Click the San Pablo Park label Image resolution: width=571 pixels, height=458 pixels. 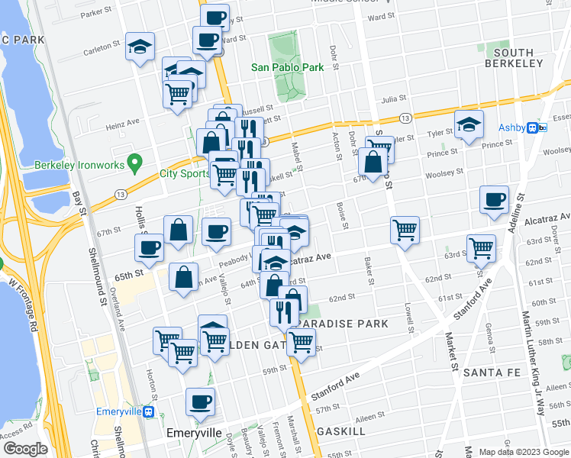point(288,67)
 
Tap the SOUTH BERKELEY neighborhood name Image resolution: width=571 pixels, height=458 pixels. point(508,58)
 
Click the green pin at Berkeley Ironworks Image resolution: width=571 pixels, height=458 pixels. point(135,161)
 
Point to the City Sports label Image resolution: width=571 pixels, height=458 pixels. point(184,173)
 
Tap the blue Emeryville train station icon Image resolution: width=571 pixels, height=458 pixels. point(150,411)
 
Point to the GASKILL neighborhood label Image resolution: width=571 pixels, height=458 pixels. point(342,431)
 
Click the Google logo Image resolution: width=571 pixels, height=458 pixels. point(24,449)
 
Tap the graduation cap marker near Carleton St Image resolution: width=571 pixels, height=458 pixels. point(140,47)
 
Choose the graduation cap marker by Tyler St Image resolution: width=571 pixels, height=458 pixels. point(469,124)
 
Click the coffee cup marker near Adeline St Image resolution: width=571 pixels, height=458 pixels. point(494,200)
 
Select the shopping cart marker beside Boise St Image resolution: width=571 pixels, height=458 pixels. point(405,230)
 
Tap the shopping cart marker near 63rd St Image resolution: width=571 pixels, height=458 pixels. point(481,248)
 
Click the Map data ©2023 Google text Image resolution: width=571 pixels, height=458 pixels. point(523,451)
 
